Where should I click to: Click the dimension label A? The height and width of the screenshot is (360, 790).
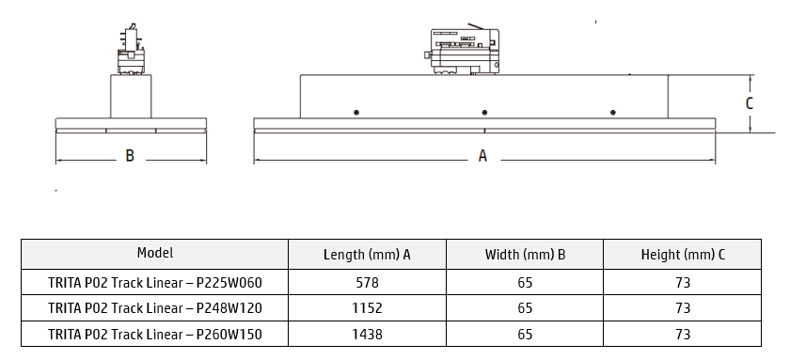[x=482, y=156]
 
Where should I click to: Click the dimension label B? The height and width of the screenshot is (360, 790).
[x=130, y=156]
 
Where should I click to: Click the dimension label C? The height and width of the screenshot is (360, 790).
[x=750, y=103]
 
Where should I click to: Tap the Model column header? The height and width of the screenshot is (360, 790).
[x=155, y=253]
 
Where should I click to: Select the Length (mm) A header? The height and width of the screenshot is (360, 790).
[x=367, y=255]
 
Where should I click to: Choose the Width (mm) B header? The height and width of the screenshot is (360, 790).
[x=525, y=255]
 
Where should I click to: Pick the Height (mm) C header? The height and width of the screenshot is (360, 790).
[x=682, y=255]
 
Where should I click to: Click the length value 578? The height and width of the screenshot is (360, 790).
[x=367, y=282]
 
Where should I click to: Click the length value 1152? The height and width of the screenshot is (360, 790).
[x=367, y=307]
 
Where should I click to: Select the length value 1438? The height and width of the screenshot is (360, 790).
[x=367, y=334]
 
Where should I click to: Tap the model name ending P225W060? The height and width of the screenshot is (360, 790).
[x=155, y=282]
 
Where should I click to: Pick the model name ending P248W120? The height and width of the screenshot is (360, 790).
[x=155, y=307]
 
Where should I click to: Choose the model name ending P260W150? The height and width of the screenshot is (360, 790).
[x=155, y=334]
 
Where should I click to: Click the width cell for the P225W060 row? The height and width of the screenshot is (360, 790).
[x=525, y=282]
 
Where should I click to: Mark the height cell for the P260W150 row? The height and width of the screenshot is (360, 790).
[x=682, y=334]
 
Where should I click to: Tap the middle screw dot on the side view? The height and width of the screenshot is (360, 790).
[x=484, y=113]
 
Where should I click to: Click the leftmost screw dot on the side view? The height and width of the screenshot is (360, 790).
[x=356, y=113]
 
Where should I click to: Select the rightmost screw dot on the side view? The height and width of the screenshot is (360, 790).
[x=612, y=113]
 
